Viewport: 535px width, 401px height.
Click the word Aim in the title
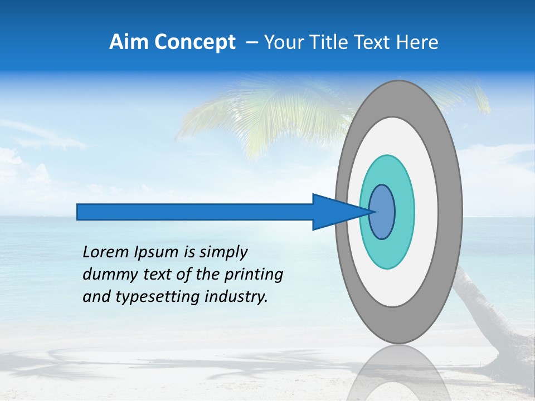click(x=129, y=42)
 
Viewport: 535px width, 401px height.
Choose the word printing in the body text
click(x=253, y=275)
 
